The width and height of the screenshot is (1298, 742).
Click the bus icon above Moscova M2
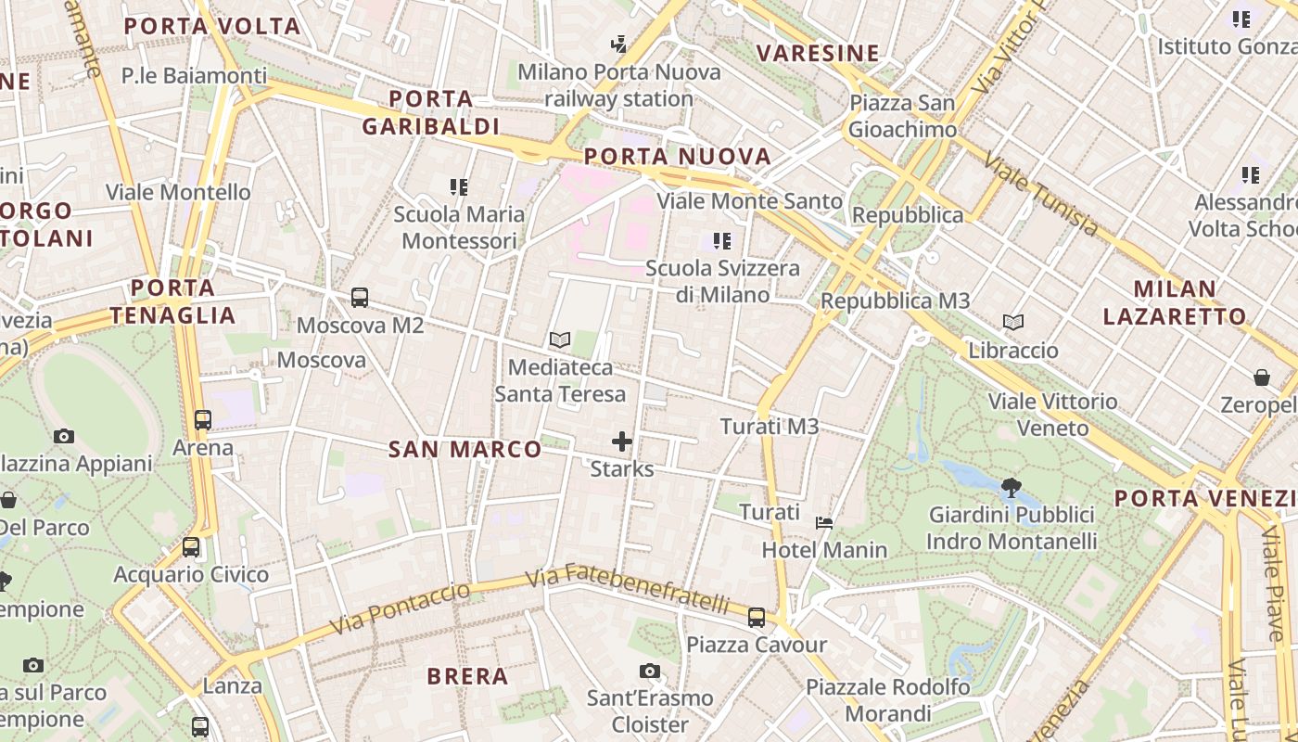360,298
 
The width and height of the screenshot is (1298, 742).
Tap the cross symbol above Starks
622,441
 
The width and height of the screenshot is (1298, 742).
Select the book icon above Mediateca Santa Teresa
559,339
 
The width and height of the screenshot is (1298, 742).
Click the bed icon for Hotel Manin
823,523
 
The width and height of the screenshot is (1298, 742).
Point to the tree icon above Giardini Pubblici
1012,486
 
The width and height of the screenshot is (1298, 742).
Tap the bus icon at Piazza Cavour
757,617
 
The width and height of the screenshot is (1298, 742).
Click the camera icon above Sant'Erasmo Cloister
650,671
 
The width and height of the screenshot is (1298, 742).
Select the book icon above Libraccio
1013,323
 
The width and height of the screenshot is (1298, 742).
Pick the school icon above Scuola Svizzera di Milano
722,241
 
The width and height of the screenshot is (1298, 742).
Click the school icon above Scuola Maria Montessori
459,187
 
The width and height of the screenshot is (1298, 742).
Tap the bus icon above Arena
203,420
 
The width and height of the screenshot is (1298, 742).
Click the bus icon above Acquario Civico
191,547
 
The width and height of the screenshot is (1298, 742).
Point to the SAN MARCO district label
464,450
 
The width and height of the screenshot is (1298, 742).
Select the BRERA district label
467,676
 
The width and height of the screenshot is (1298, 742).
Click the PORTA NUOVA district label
678,156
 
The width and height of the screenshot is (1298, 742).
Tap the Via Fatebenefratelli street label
628,589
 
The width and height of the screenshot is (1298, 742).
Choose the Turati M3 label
770,427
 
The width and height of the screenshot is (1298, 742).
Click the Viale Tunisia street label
1040,194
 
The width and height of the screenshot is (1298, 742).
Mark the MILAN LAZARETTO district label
1175,302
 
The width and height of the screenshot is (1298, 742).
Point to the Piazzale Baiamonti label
194,76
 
